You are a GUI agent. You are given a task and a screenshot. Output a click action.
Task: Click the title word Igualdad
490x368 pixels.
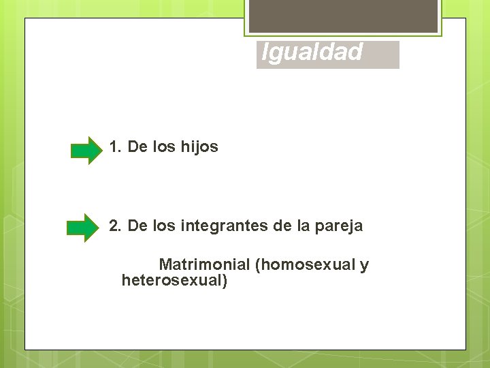[x=312, y=52]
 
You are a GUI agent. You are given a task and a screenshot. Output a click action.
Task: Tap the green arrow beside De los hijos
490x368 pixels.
[x=86, y=150]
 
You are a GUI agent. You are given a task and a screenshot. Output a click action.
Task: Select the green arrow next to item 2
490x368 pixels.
[x=84, y=228]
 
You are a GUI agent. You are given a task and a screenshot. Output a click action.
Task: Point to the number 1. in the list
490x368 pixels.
[x=115, y=147]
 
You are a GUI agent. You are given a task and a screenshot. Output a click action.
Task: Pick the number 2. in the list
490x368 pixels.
[x=115, y=226]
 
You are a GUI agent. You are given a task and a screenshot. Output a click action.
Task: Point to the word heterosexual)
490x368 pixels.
[x=174, y=280]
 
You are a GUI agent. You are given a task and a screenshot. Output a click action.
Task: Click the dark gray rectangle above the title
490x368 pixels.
[x=343, y=16]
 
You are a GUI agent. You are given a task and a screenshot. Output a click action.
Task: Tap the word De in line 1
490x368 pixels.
[x=137, y=147]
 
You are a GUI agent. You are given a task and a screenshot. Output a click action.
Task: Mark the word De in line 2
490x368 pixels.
[x=137, y=226]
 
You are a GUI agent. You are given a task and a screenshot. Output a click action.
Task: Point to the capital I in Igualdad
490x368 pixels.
[x=265, y=52]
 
